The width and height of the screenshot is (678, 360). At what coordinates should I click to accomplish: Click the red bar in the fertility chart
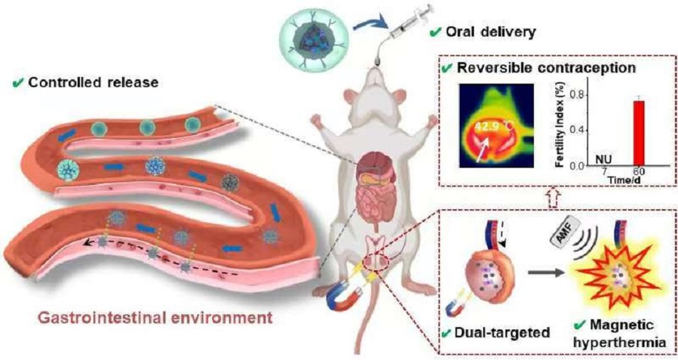(639, 134)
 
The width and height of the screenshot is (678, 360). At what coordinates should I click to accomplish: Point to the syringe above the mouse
(408, 25)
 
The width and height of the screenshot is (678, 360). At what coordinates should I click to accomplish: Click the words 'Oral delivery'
(490, 32)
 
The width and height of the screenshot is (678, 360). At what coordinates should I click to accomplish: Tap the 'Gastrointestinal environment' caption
(155, 318)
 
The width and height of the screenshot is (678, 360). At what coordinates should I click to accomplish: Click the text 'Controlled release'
(94, 82)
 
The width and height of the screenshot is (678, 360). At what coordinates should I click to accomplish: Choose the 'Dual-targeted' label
(502, 333)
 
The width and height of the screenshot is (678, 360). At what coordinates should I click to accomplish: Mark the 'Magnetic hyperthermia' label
(622, 334)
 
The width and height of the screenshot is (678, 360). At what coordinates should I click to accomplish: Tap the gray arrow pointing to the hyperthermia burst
(547, 272)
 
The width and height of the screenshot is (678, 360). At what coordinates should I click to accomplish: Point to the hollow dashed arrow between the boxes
(554, 198)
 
